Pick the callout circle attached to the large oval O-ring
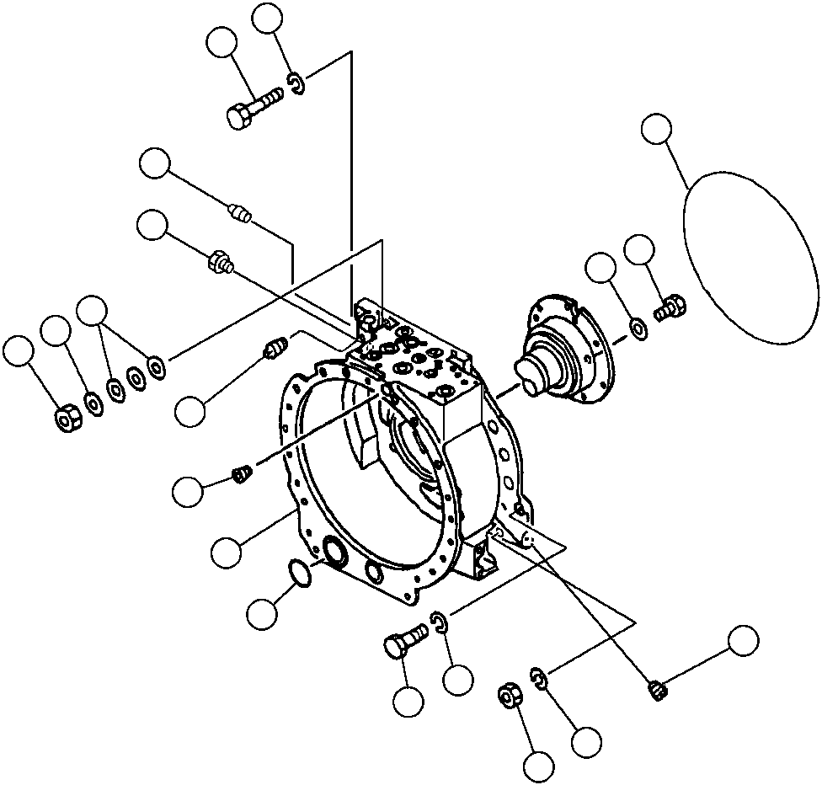tap(657, 131)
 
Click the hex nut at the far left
tap(67, 416)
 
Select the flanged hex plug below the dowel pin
tap(220, 261)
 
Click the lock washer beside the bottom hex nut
tap(539, 676)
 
